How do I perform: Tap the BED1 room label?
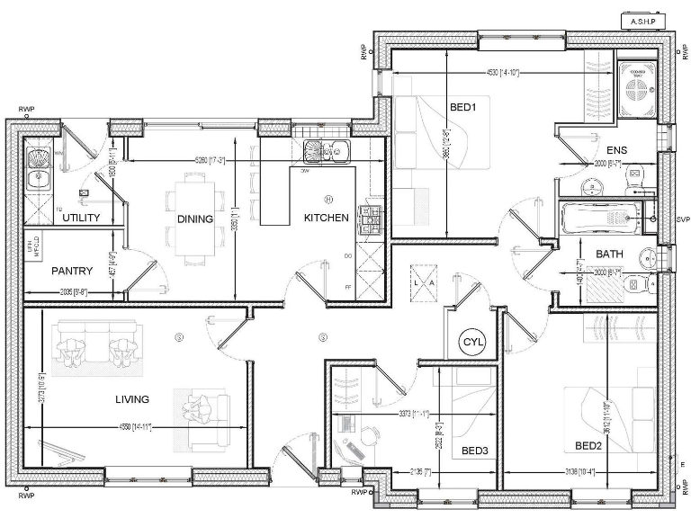tap(462, 108)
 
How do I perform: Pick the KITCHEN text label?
tap(326, 218)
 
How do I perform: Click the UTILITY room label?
tap(81, 218)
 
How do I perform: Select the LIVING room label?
tap(131, 398)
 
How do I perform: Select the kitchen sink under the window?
tap(324, 150)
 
